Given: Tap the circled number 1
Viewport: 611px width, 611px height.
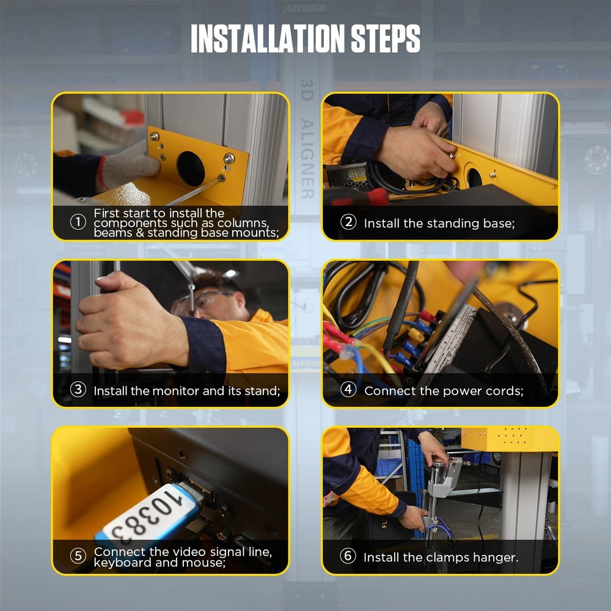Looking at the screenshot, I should pyautogui.click(x=78, y=222).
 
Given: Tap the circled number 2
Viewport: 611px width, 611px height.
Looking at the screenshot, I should pyautogui.click(x=348, y=222).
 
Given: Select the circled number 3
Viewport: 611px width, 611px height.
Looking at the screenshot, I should pyautogui.click(x=78, y=390).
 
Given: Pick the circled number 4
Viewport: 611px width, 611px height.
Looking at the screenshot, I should pyautogui.click(x=348, y=390).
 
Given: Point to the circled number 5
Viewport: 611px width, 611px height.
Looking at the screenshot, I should pyautogui.click(x=78, y=556).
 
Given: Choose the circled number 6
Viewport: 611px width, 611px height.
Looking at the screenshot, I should pyautogui.click(x=348, y=556).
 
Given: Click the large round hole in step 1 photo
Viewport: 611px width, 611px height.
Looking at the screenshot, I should pyautogui.click(x=191, y=169).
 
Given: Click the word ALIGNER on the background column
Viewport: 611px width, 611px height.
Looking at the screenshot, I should pyautogui.click(x=307, y=159).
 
